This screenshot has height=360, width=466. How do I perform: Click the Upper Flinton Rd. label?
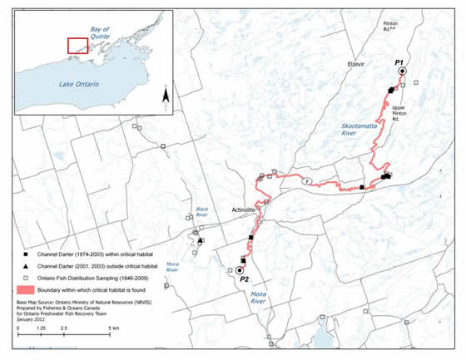pos(414,111)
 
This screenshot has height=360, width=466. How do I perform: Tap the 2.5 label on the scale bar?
pos(63,330)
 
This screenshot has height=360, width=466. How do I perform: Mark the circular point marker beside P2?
pos(240,271)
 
